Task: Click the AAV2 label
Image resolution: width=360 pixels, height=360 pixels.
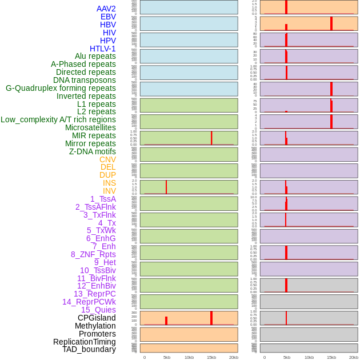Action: pyautogui.click(x=106, y=9)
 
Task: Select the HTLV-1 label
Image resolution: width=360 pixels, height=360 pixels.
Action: pyautogui.click(x=102, y=49)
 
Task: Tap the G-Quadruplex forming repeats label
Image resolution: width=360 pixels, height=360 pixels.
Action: pyautogui.click(x=61, y=88)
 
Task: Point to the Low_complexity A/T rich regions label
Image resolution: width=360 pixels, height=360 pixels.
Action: pyautogui.click(x=58, y=119)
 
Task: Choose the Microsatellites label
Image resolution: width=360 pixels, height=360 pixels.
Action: pyautogui.click(x=90, y=127)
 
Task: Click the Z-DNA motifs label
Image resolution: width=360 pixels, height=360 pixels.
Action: pyautogui.click(x=92, y=151)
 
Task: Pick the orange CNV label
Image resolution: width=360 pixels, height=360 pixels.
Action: pyautogui.click(x=107, y=159)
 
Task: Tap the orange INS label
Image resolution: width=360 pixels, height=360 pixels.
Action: pyautogui.click(x=109, y=183)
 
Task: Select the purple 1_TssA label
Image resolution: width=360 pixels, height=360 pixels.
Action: pyautogui.click(x=103, y=199)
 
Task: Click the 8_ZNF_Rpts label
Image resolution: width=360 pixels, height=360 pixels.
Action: pyautogui.click(x=93, y=254)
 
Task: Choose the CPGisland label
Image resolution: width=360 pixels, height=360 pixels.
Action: pyautogui.click(x=97, y=318)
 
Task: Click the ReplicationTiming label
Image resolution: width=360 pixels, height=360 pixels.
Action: pyautogui.click(x=85, y=342)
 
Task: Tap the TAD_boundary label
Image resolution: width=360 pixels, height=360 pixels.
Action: pyautogui.click(x=89, y=349)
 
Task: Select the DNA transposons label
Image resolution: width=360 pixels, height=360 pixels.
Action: pyautogui.click(x=85, y=80)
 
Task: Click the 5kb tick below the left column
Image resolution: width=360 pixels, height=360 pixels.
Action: pyautogui.click(x=167, y=357)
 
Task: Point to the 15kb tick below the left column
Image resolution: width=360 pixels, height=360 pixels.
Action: pyautogui.click(x=211, y=357)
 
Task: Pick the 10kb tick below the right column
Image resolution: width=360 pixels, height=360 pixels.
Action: pyautogui.click(x=309, y=357)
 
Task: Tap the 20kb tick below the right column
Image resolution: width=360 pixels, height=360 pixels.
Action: pyautogui.click(x=354, y=357)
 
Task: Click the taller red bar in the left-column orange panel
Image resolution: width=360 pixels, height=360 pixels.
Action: pyautogui.click(x=211, y=318)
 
